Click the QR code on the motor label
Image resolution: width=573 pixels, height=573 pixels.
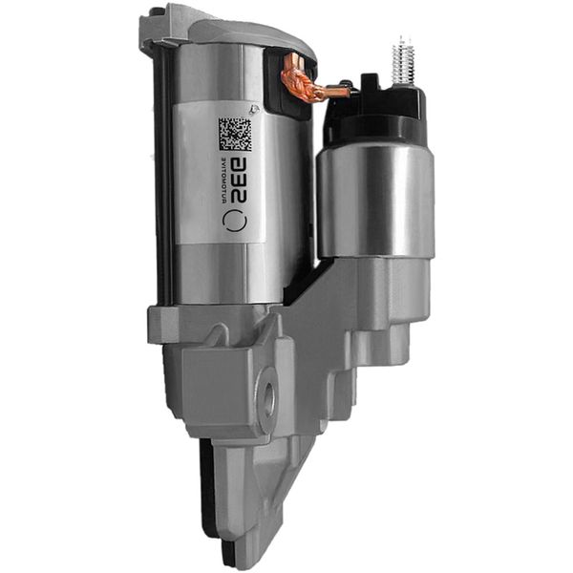[235, 135]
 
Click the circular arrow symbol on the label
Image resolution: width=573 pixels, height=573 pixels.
[235, 219]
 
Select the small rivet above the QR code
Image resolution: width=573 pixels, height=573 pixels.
[236, 107]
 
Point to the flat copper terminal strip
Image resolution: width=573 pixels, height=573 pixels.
[334, 92]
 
